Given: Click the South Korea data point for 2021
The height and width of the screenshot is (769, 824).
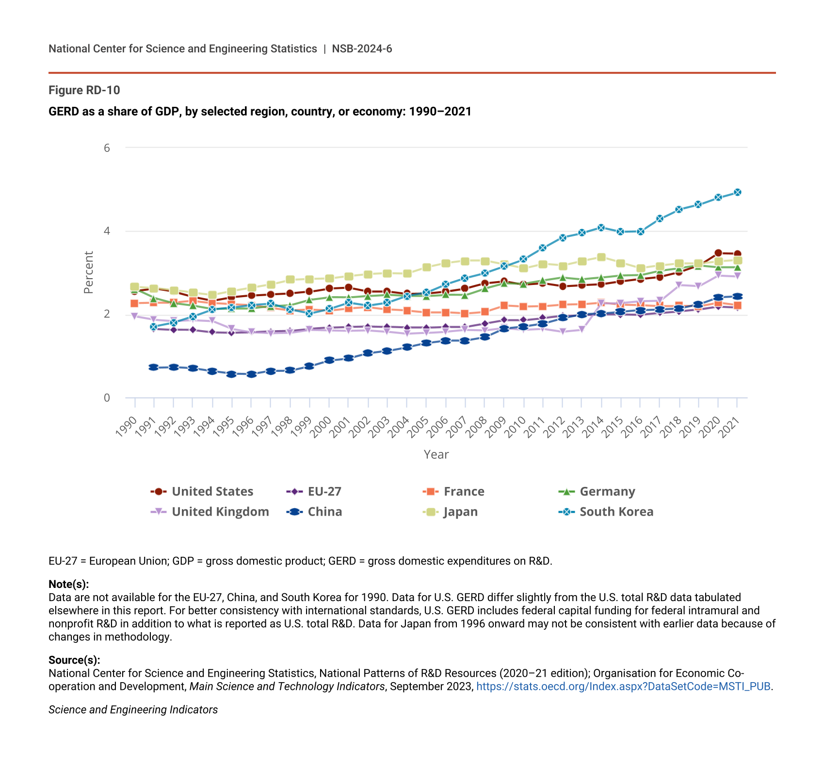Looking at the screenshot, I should pyautogui.click(x=737, y=192).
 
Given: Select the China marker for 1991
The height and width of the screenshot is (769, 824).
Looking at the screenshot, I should pyautogui.click(x=154, y=367).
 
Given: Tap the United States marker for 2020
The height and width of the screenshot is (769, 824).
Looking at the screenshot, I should pyautogui.click(x=718, y=253).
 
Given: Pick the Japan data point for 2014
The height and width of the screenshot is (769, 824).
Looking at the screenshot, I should pyautogui.click(x=601, y=257).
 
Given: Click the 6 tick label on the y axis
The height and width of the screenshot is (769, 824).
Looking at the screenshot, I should pyautogui.click(x=107, y=148).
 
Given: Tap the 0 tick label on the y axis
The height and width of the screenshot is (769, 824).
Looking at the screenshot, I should pyautogui.click(x=107, y=398).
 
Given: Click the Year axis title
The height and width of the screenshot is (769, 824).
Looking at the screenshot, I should pyautogui.click(x=436, y=454).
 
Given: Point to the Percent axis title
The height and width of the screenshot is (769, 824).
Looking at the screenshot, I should pyautogui.click(x=88, y=272).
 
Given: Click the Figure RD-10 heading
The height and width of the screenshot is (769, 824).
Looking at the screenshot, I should pyautogui.click(x=84, y=90).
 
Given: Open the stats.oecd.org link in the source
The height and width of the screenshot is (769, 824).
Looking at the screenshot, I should pyautogui.click(x=623, y=686).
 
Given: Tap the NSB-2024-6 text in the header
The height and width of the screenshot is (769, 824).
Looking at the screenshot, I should pyautogui.click(x=362, y=49).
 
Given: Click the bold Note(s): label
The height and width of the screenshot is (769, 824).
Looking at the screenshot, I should pyautogui.click(x=68, y=584).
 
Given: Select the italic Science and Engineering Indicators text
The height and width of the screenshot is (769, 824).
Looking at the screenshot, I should pyautogui.click(x=133, y=710).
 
